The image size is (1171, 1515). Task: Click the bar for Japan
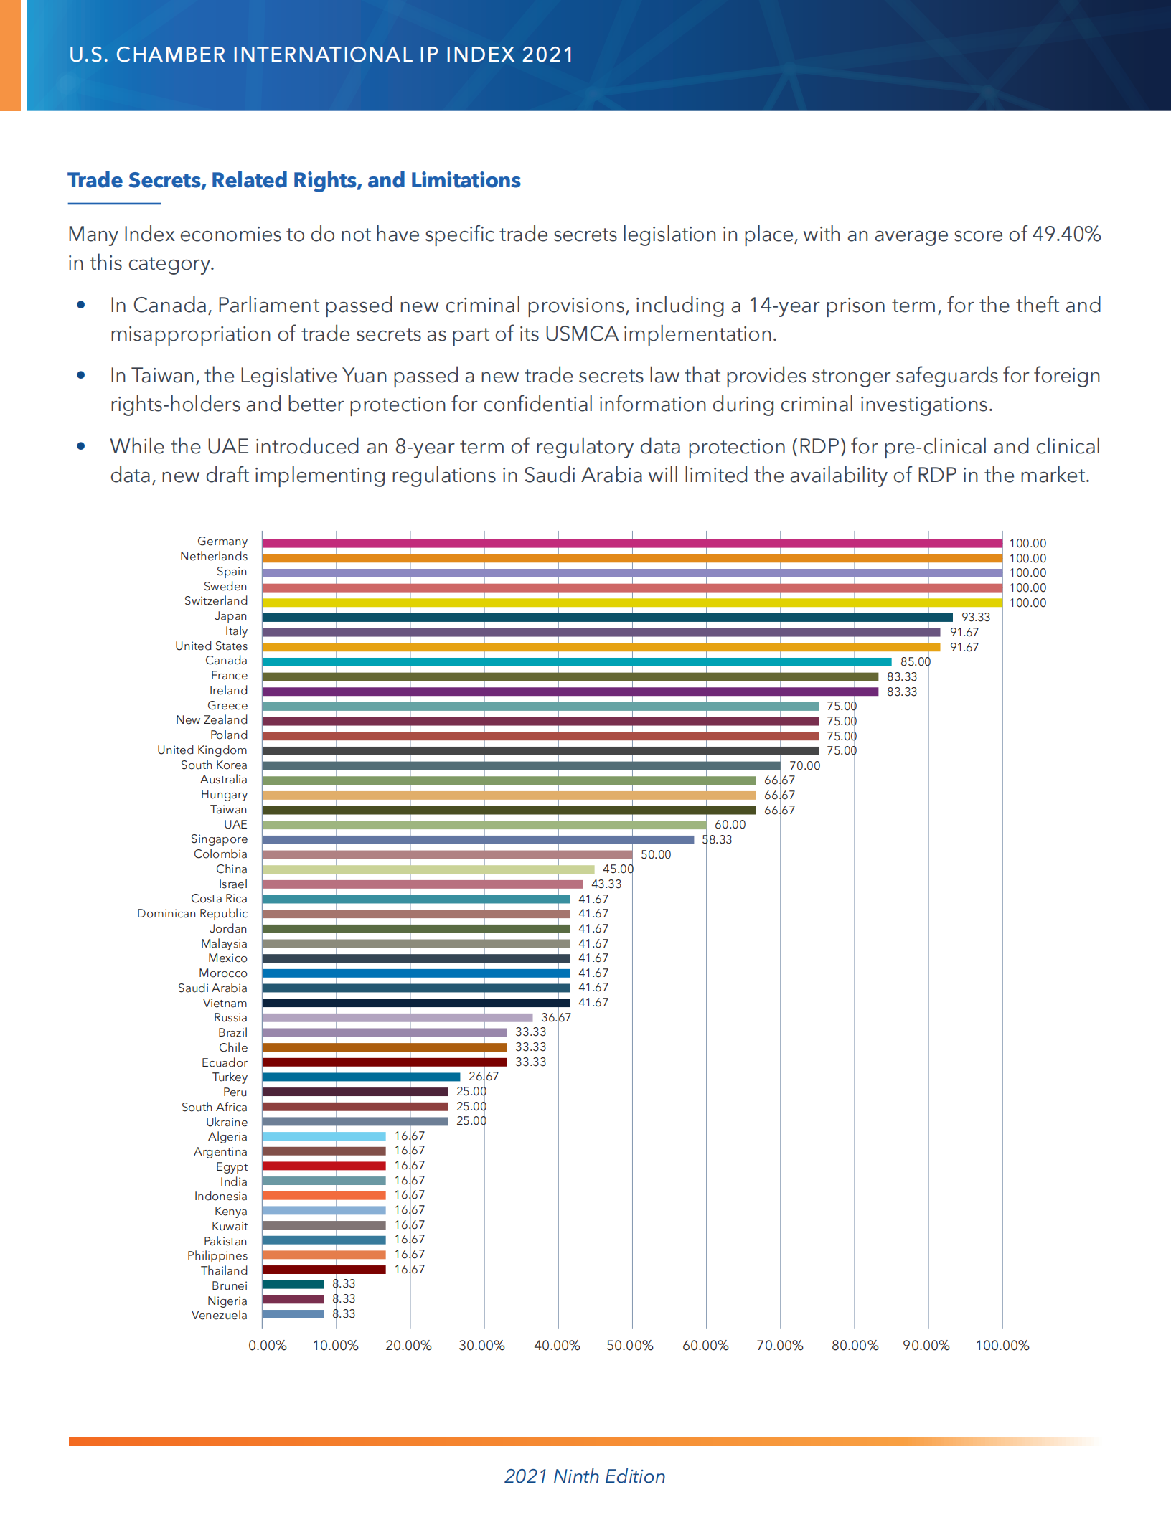tap(607, 618)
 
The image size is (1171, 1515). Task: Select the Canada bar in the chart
tap(577, 662)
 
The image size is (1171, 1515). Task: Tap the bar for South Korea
tap(521, 766)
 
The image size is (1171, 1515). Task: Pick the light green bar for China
tap(428, 869)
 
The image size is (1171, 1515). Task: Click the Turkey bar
tap(361, 1077)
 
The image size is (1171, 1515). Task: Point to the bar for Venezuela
tap(293, 1315)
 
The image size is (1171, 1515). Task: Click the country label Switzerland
tap(215, 601)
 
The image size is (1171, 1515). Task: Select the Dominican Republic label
tap(192, 914)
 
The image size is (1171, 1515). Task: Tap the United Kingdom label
tap(202, 750)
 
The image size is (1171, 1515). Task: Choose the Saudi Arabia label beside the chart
tap(212, 988)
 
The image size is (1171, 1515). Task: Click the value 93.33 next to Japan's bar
tap(976, 618)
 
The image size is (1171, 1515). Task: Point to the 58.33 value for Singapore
tap(717, 840)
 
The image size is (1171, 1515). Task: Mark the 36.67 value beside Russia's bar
tap(556, 1018)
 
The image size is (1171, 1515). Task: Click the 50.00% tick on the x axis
tap(630, 1346)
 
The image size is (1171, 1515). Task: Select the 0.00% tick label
tap(268, 1346)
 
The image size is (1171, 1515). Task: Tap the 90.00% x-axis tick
tap(926, 1346)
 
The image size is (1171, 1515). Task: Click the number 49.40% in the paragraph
tap(1066, 235)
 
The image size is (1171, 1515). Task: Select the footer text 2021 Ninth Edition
tap(585, 1476)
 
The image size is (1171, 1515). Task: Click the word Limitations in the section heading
tap(466, 180)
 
